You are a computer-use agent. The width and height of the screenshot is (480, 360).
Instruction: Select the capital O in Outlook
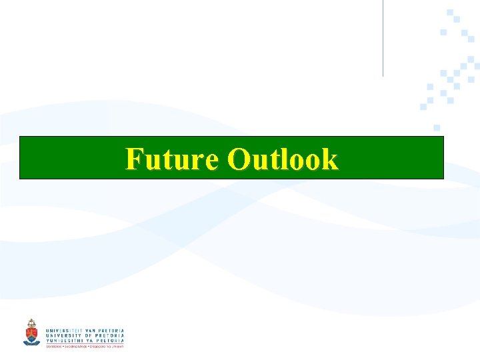pyautogui.click(x=238, y=160)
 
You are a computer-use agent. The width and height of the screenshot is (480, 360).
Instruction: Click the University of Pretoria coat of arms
pyautogui.click(x=31, y=331)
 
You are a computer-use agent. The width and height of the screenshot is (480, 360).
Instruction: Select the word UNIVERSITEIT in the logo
pyautogui.click(x=64, y=331)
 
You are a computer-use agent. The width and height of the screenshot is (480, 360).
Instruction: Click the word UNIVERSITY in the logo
pyautogui.click(x=62, y=336)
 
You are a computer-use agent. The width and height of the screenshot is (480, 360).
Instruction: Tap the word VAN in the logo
pyautogui.click(x=90, y=331)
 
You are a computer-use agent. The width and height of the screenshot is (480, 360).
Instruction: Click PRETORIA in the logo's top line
pyautogui.click(x=111, y=331)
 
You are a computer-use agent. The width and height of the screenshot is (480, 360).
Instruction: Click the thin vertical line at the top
pyautogui.click(x=383, y=37)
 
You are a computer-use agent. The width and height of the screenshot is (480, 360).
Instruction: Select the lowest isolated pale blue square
pyautogui.click(x=437, y=127)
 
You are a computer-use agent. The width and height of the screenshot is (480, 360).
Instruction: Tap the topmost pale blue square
pyautogui.click(x=451, y=12)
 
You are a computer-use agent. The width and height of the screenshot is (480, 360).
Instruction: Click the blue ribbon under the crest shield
pyautogui.click(x=31, y=342)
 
